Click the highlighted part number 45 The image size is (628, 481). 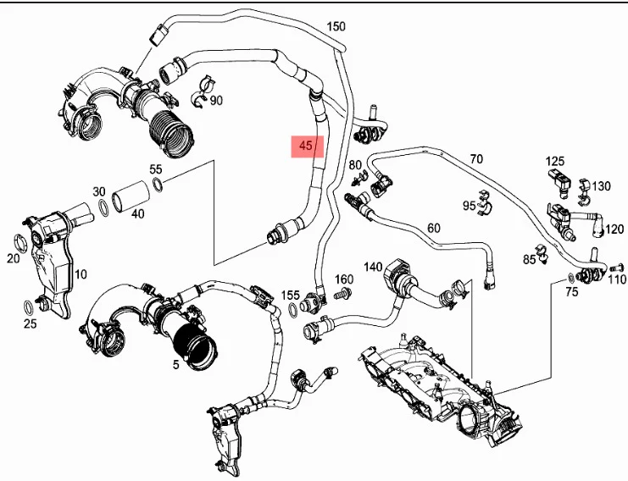click(x=306, y=146)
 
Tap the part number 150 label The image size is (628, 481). click(x=336, y=26)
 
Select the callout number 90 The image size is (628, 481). click(x=216, y=101)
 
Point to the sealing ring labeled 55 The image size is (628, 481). click(x=158, y=185)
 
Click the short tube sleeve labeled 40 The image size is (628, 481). click(x=131, y=196)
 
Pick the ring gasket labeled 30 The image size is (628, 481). click(x=103, y=208)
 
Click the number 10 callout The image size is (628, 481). click(x=81, y=274)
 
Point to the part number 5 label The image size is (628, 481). click(x=175, y=364)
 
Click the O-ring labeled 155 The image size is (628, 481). click(x=293, y=311)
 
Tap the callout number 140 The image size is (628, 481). click(x=373, y=267)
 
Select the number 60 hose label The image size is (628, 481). click(x=434, y=228)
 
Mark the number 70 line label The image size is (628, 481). click(x=476, y=159)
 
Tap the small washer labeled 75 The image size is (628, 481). click(x=570, y=276)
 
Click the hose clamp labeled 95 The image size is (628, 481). click(x=485, y=203)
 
